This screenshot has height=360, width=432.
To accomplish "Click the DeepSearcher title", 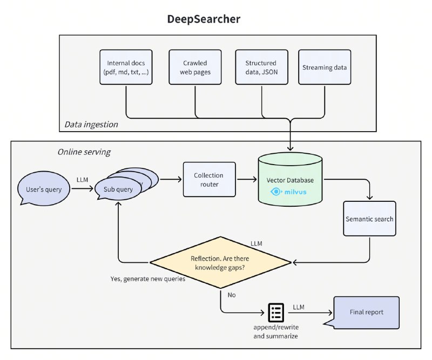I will pyautogui.click(x=205, y=19).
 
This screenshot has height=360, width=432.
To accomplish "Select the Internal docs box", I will pyautogui.click(x=125, y=67).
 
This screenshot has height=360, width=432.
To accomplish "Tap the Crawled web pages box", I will pyautogui.click(x=195, y=67).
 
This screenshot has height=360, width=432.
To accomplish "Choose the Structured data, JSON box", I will pyautogui.click(x=261, y=67).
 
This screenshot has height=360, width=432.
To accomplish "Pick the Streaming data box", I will pyautogui.click(x=325, y=67).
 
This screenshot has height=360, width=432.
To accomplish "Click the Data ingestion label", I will pyautogui.click(x=91, y=125).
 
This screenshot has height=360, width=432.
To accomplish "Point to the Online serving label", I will pyautogui.click(x=84, y=152).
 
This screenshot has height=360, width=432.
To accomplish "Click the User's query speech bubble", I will pyautogui.click(x=43, y=189).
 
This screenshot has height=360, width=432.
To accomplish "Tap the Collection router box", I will pyautogui.click(x=209, y=179).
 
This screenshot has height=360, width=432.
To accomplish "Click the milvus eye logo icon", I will pyautogui.click(x=276, y=191).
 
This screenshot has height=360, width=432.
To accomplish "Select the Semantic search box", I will pyautogui.click(x=369, y=219).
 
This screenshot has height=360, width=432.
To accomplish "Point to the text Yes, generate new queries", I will pyautogui.click(x=147, y=279).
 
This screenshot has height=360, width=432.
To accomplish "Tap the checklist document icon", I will pyautogui.click(x=276, y=312).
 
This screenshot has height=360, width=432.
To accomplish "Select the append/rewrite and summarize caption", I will pyautogui.click(x=275, y=332).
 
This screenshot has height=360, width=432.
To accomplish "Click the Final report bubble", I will pyautogui.click(x=367, y=312).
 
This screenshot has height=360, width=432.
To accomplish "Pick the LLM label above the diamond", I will pyautogui.click(x=257, y=243).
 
